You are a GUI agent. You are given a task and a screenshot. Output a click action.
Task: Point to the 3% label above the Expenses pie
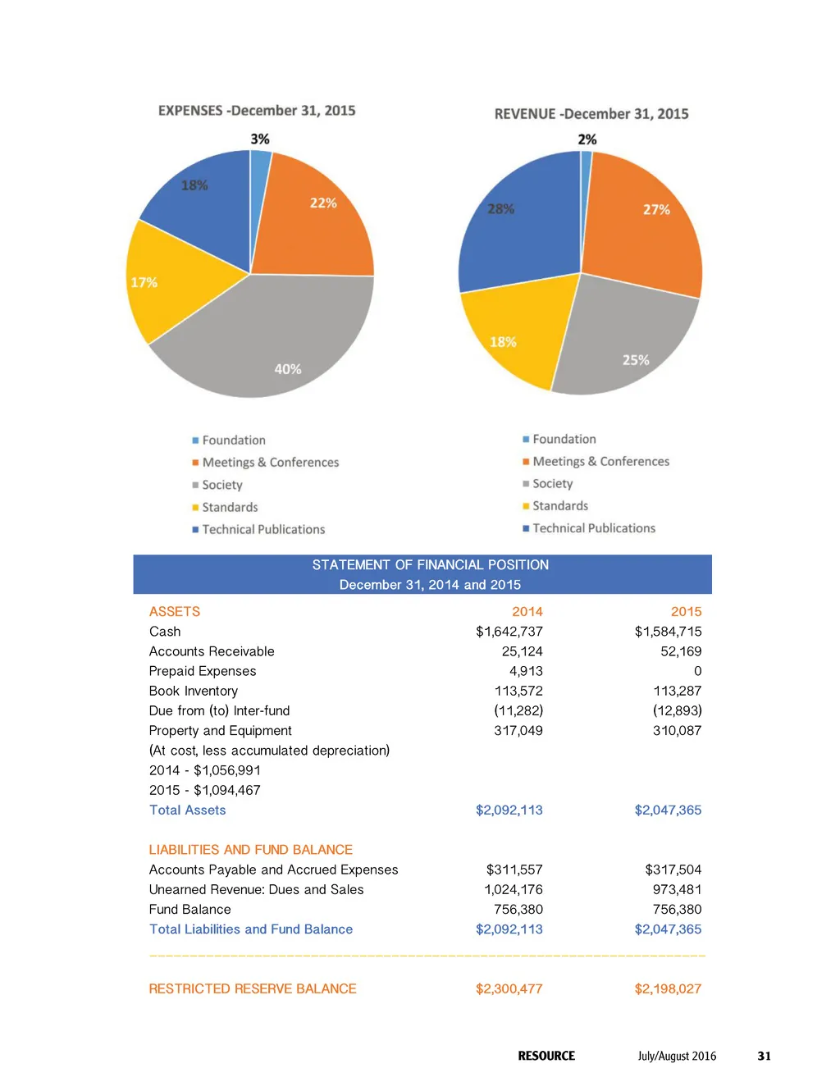tap(260, 139)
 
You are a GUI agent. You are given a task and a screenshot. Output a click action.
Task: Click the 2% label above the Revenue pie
tap(587, 139)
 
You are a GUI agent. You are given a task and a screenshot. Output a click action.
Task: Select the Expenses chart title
tap(257, 111)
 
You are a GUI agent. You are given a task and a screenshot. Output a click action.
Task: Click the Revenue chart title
tap(591, 114)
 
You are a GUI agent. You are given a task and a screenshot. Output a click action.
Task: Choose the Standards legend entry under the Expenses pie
tap(230, 508)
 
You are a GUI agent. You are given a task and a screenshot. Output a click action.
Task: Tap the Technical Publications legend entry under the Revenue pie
tap(594, 528)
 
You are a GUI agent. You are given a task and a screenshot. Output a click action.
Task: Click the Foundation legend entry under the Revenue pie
tap(564, 440)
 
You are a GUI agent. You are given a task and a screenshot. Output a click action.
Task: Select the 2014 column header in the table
tap(527, 612)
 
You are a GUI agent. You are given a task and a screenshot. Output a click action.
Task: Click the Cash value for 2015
tap(668, 632)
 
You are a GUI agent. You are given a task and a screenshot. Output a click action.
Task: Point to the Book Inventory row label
tap(194, 692)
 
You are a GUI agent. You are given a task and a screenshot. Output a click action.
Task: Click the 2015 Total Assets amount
tap(668, 810)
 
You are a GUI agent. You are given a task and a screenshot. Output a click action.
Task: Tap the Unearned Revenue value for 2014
tap(514, 890)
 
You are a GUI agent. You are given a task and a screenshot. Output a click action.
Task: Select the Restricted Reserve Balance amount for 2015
tap(668, 989)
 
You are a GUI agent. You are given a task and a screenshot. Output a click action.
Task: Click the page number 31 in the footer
tap(764, 1057)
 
